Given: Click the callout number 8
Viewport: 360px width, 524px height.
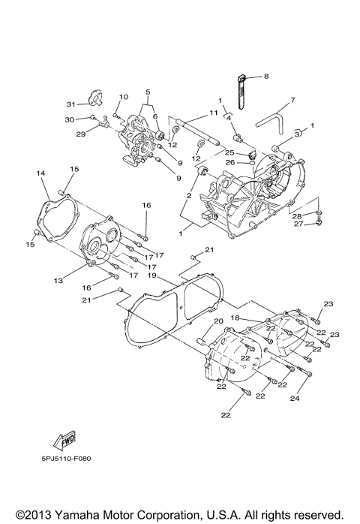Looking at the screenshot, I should [x=265, y=76].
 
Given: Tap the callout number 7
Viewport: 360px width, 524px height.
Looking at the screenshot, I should [x=292, y=99].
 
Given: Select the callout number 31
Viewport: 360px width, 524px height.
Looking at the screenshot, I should [x=70, y=104].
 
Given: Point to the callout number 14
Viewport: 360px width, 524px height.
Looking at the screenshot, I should [x=40, y=173].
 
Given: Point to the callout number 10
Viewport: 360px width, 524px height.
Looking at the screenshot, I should [x=124, y=97].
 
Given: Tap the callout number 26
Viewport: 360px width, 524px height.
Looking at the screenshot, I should [x=230, y=162].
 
